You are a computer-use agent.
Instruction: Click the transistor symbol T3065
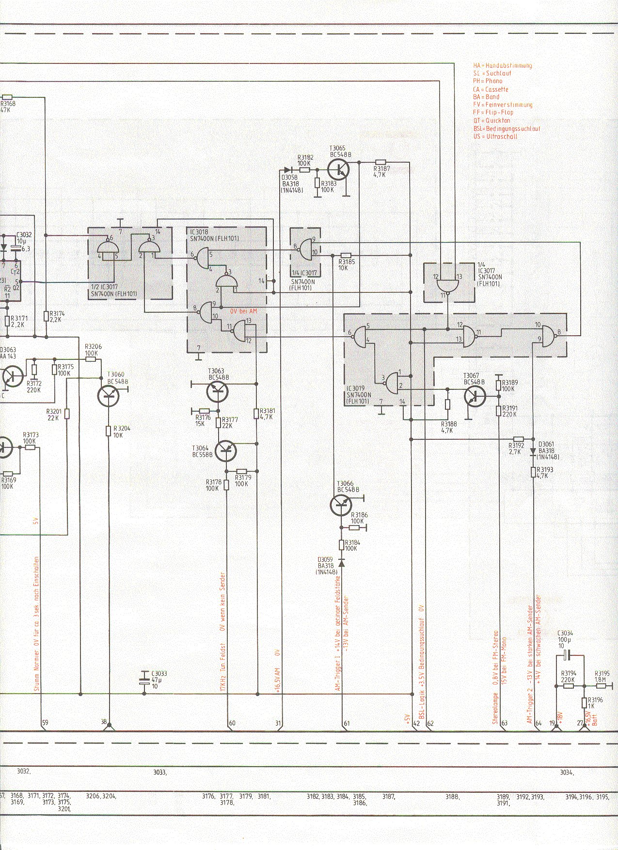coord(338,170)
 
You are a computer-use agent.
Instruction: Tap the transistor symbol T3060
coord(108,396)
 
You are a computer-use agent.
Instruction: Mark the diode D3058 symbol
coord(288,170)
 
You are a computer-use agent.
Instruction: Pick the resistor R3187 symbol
coord(380,162)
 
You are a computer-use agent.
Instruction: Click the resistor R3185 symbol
coord(346,255)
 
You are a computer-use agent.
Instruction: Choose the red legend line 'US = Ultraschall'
coord(495,137)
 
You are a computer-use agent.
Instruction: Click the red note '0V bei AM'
coord(244,311)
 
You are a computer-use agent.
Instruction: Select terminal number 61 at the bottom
coord(347,724)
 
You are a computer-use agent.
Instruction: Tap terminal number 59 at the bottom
coord(45,724)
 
